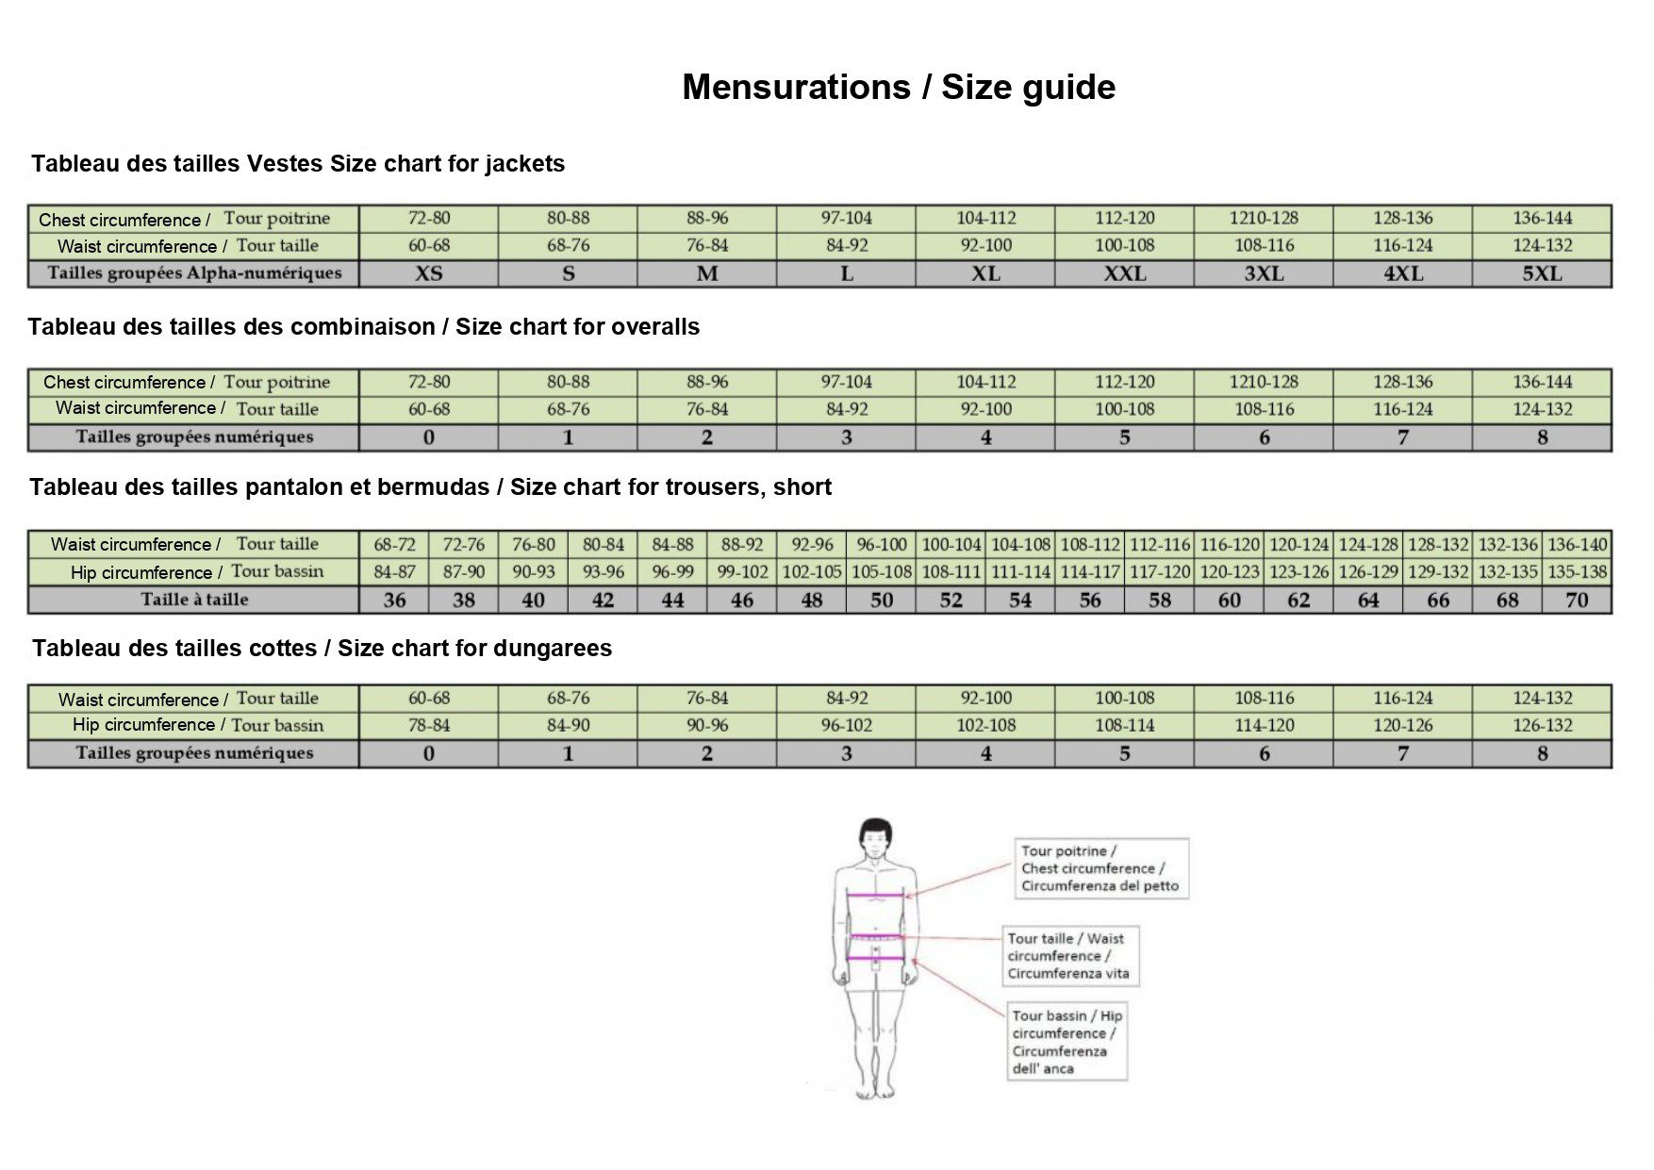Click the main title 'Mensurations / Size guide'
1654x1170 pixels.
898,87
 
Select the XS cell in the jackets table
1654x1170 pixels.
428,273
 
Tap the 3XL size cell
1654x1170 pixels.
1264,273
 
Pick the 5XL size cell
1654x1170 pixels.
1542,273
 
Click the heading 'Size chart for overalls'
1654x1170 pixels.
363,327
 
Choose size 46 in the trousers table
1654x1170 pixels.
742,600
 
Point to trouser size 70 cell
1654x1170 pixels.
1577,600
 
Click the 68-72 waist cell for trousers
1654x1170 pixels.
394,544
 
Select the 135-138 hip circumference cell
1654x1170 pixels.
1577,571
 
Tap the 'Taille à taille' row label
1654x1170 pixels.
194,600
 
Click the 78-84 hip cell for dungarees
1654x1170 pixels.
428,725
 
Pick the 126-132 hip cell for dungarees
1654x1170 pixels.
1542,725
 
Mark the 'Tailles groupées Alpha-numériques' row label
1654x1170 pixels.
194,273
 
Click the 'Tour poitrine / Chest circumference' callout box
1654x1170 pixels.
1100,868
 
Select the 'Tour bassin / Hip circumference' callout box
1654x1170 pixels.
1067,1041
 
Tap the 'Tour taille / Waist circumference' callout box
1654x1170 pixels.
1070,956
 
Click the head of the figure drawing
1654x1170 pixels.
875,836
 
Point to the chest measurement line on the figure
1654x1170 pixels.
876,895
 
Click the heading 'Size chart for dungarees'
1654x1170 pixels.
322,649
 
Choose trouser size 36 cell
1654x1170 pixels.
394,600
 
